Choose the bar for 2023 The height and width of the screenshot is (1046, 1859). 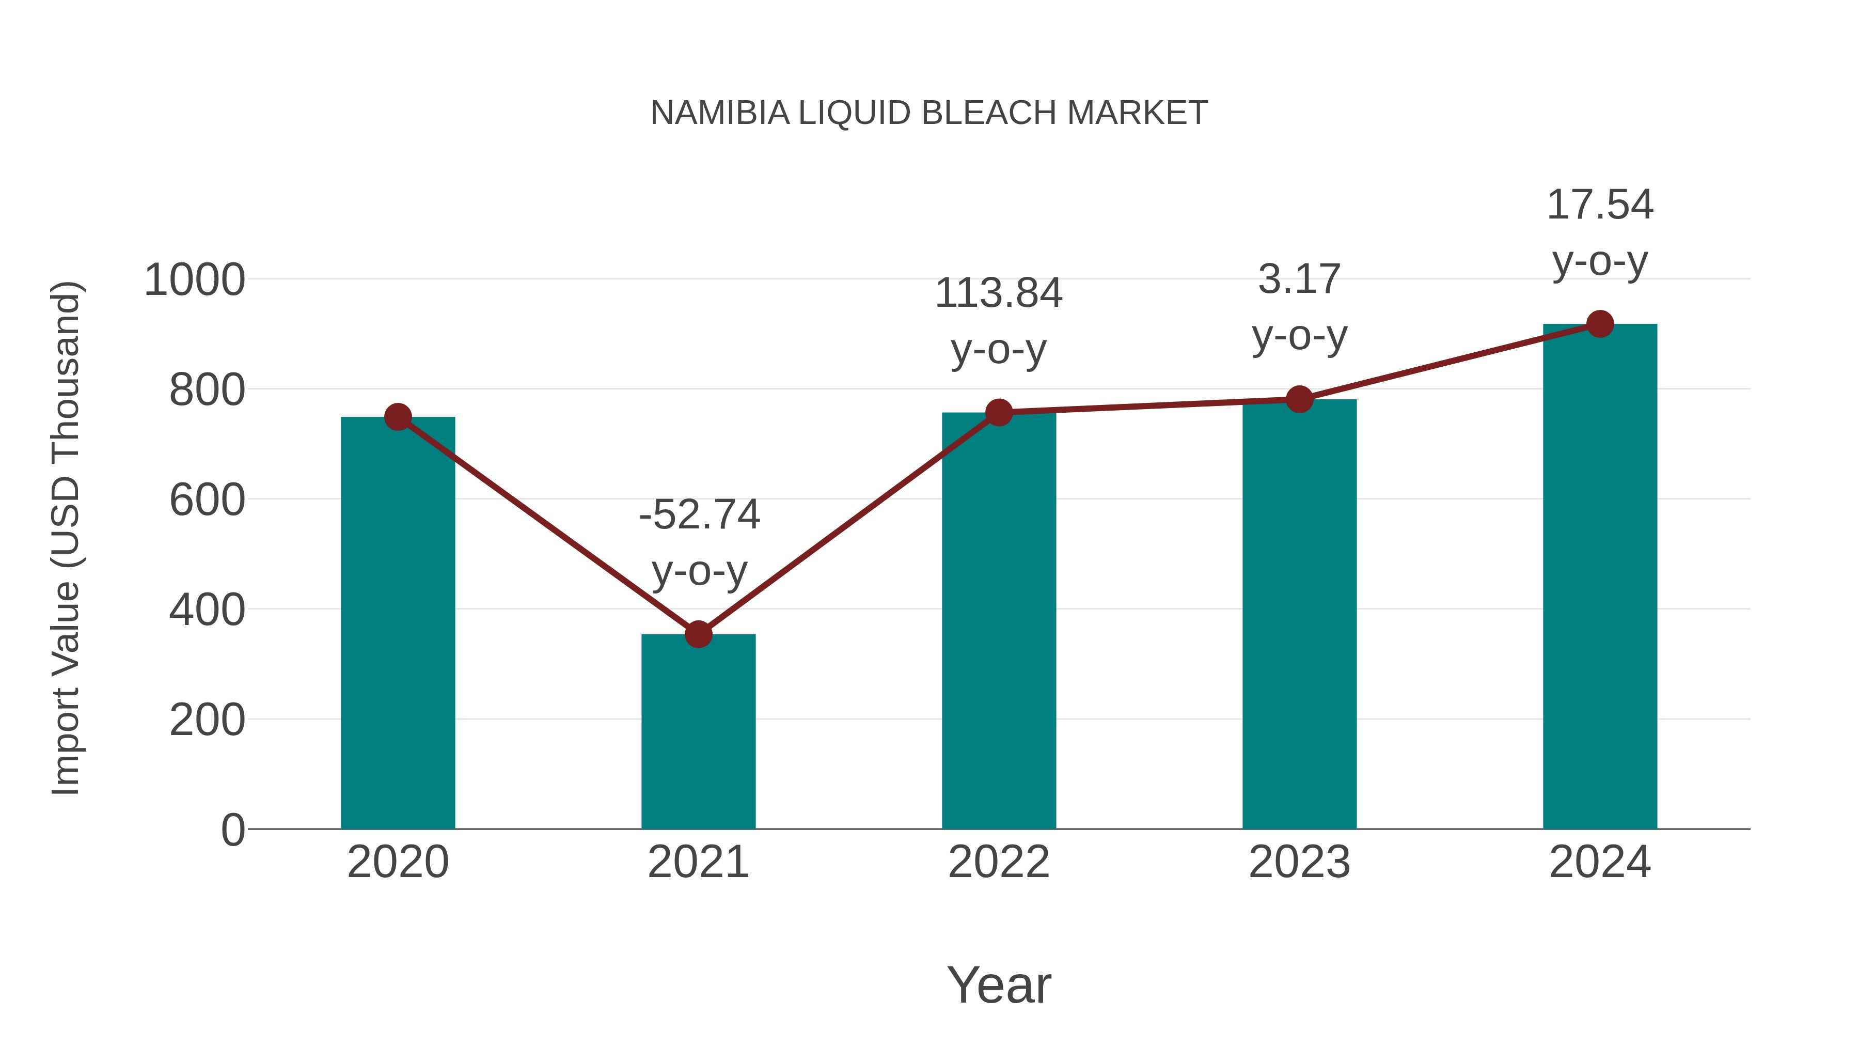coord(1299,614)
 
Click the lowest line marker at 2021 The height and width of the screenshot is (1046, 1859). coord(698,634)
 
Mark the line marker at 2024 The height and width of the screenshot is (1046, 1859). coord(1600,324)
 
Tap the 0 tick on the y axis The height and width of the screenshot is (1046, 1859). coord(232,830)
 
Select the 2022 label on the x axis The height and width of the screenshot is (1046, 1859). coord(998,862)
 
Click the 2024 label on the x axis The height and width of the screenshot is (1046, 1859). coord(1599,862)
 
